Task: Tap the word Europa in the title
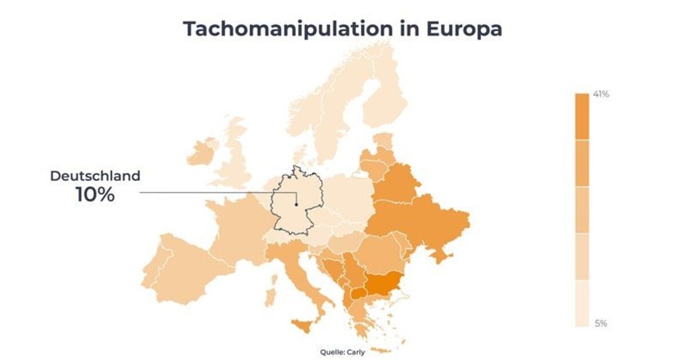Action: pyautogui.click(x=465, y=29)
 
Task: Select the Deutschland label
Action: pyautogui.click(x=95, y=176)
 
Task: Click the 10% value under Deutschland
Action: pyautogui.click(x=95, y=194)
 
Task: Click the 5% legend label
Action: pyautogui.click(x=601, y=323)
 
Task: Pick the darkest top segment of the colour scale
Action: pyautogui.click(x=582, y=117)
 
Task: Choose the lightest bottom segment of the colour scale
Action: pyautogui.click(x=582, y=303)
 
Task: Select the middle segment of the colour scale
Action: pyautogui.click(x=582, y=210)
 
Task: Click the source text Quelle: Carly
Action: pyautogui.click(x=342, y=352)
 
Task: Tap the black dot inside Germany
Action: pyautogui.click(x=296, y=204)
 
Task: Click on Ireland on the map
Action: pyautogui.click(x=202, y=152)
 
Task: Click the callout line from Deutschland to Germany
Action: pyautogui.click(x=206, y=193)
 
